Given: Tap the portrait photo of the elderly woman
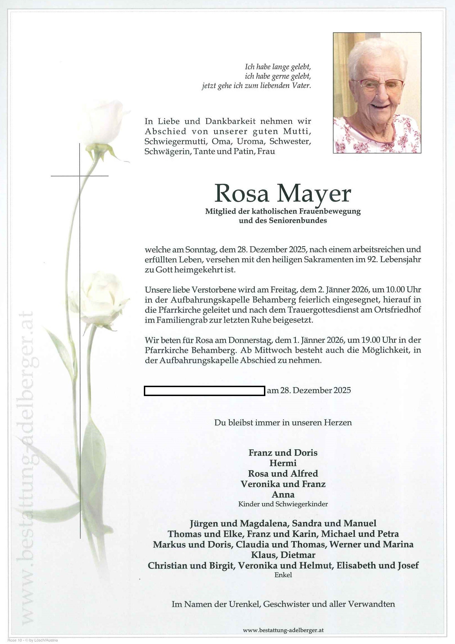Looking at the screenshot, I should (377, 93).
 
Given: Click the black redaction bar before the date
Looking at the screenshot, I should (204, 391).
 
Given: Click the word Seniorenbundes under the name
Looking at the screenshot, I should (298, 220).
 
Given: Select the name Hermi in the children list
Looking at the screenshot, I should (283, 463).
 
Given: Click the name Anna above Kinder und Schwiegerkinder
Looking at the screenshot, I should (283, 494).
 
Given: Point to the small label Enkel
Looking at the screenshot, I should (283, 575).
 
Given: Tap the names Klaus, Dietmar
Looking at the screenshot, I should (283, 555).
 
